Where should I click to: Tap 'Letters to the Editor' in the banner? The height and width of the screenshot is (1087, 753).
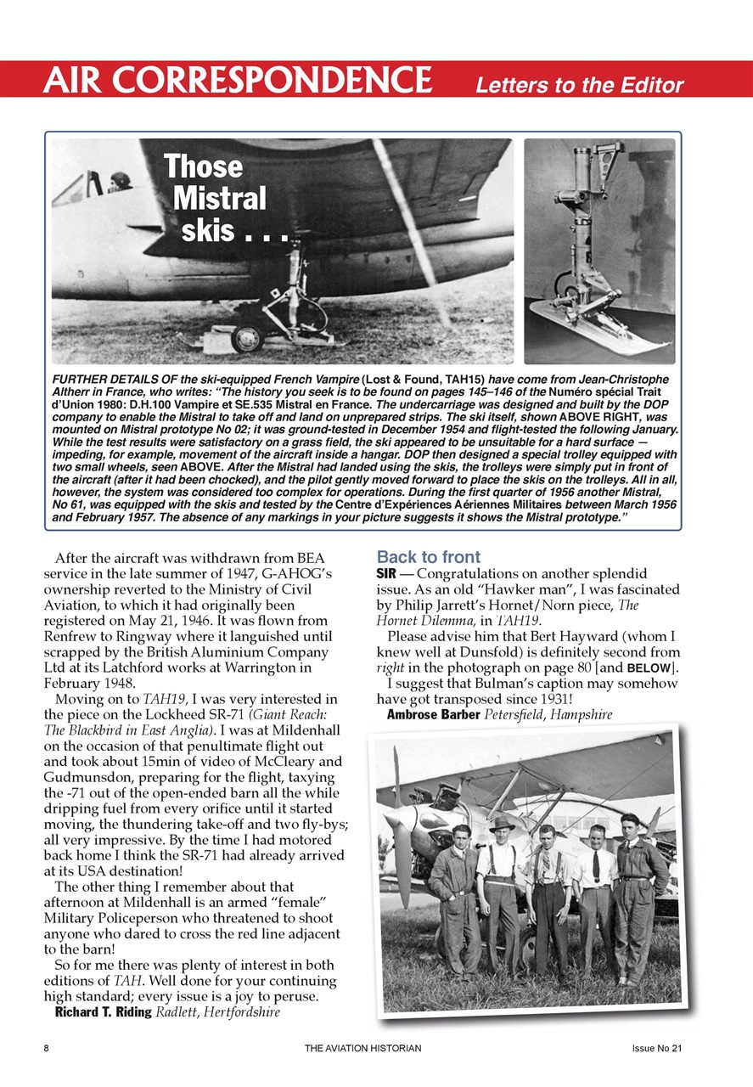(579, 85)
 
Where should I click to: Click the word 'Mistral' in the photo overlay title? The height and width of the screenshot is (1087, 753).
(219, 198)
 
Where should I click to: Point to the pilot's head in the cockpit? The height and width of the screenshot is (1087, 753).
(121, 181)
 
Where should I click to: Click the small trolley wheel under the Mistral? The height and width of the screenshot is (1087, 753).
(246, 338)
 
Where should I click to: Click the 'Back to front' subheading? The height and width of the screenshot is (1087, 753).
(429, 558)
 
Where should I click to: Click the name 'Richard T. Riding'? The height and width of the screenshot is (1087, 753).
(103, 1012)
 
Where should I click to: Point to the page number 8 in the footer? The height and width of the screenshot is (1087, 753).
(46, 1049)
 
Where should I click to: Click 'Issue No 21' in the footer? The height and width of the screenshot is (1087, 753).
(657, 1049)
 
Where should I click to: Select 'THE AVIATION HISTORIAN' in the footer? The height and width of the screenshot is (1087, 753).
(362, 1049)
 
